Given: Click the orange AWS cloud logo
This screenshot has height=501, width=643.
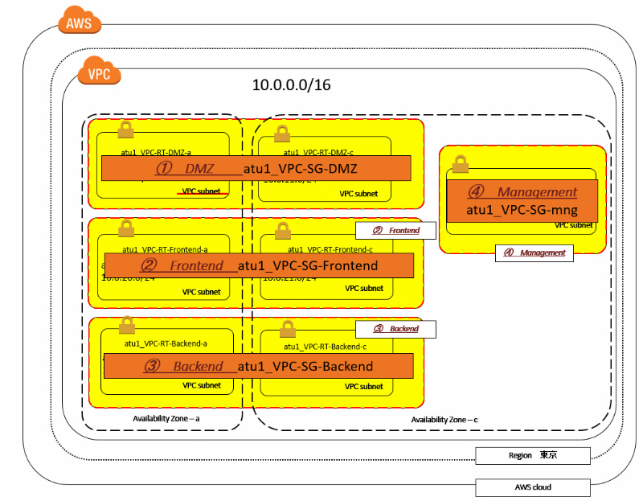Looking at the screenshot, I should coord(79,22).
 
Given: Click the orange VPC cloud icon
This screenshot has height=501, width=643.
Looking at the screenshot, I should coord(99,73).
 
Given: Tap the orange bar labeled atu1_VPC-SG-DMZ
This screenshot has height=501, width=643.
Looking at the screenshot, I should coord(256,168).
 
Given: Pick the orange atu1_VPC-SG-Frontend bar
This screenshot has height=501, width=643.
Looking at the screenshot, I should coord(258,265).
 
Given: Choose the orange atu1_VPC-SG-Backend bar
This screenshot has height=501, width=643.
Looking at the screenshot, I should coord(258,366).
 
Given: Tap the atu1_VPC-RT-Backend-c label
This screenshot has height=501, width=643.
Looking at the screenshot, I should coord(326,346).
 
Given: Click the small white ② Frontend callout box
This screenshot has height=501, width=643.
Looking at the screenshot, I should coord(395,230).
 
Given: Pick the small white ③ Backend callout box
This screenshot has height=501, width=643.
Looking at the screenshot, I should coord(395,328).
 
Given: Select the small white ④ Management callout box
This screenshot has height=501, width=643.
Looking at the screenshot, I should coord(534,253).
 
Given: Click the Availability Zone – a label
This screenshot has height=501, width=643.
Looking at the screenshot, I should coord(166,419).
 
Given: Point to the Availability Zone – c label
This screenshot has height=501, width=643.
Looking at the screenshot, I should coord(444,420).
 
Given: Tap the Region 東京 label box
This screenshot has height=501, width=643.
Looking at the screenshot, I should coord(533,455).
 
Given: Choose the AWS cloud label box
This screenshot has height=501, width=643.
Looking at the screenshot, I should coord(533,487).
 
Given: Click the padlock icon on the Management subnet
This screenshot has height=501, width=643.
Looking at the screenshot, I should coord(460,164).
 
